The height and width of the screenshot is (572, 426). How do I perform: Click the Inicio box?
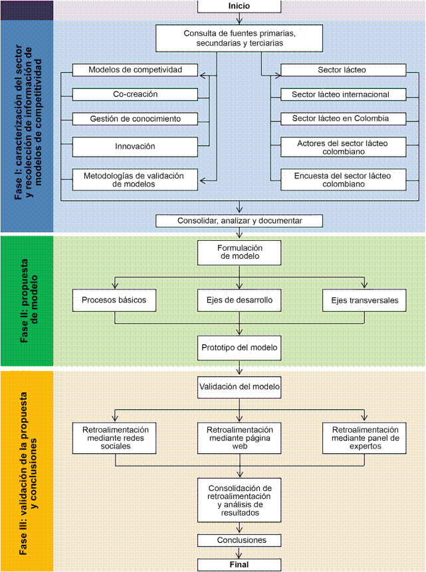point(239,6)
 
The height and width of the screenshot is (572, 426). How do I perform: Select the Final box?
point(239,565)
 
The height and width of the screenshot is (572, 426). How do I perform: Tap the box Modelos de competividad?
point(135,70)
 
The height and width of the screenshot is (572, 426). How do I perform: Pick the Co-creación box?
point(135,94)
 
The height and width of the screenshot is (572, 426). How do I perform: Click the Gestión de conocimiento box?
point(135,119)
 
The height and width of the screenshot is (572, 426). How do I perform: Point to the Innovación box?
point(135,145)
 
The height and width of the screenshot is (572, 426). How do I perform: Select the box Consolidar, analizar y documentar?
point(239,220)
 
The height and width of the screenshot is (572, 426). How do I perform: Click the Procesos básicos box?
point(118,300)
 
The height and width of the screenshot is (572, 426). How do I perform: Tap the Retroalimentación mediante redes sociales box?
point(116,438)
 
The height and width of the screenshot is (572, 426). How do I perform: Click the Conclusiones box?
point(241,540)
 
